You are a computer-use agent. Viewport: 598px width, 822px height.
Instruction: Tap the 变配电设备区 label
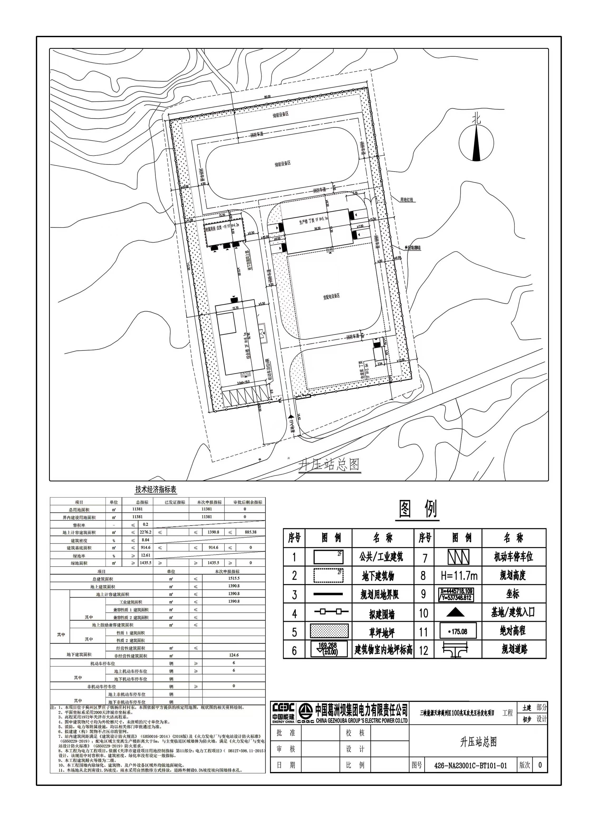[332, 296]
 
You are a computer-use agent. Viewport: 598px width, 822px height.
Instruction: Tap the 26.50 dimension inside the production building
[317, 229]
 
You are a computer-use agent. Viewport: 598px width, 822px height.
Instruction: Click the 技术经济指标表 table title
[156, 490]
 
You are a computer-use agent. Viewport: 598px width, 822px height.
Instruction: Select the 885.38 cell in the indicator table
[250, 532]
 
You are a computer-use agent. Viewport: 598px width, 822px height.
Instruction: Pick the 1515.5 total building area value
[234, 578]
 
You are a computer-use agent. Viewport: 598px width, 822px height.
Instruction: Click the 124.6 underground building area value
[234, 655]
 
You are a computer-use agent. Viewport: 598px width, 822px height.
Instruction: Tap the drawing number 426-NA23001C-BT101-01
[470, 766]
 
